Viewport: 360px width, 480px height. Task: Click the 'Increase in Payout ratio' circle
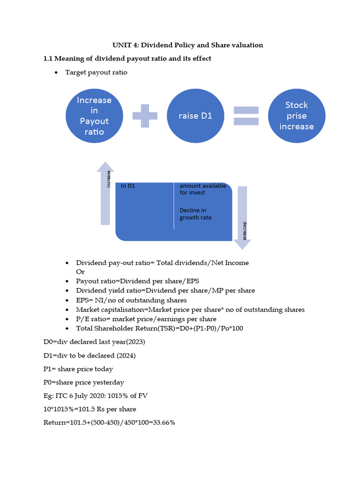(x=94, y=116)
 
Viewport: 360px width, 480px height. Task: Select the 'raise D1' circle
(x=195, y=116)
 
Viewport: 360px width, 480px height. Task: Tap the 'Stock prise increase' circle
(x=296, y=116)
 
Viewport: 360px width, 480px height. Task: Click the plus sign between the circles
(x=145, y=116)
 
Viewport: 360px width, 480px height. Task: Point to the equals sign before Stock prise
(x=246, y=116)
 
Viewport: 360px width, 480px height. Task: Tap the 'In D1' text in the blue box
(x=128, y=186)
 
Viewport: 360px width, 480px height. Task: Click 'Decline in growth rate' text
(x=195, y=214)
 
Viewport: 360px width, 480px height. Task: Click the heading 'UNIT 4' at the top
(x=187, y=45)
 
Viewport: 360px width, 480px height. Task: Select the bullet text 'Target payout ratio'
(x=96, y=72)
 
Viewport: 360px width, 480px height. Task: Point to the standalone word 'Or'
(x=80, y=271)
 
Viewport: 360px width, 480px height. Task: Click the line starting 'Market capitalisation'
(x=190, y=309)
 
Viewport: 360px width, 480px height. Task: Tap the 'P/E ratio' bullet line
(x=146, y=319)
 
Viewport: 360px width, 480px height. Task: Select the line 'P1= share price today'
(x=78, y=369)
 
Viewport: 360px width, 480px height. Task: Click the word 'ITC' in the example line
(x=61, y=396)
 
